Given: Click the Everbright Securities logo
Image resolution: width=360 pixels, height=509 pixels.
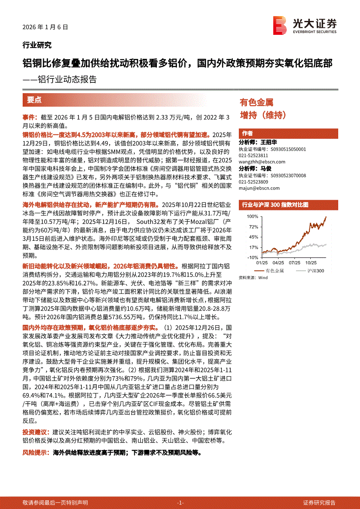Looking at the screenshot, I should [305, 25].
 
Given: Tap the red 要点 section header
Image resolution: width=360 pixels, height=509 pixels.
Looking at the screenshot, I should [34, 100].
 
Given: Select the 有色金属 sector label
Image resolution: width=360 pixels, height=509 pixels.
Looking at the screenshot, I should [257, 103].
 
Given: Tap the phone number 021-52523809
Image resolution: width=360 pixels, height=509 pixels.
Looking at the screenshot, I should [253, 182].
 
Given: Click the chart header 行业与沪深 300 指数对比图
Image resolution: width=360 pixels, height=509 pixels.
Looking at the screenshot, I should [275, 204].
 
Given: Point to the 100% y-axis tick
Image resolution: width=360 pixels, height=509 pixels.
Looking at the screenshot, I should [253, 216].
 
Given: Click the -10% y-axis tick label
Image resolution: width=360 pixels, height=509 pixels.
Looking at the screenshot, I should [253, 257].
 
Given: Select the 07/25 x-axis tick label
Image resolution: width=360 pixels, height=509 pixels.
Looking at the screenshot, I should [294, 263].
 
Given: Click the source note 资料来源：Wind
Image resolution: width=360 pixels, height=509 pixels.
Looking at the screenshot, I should [253, 277].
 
